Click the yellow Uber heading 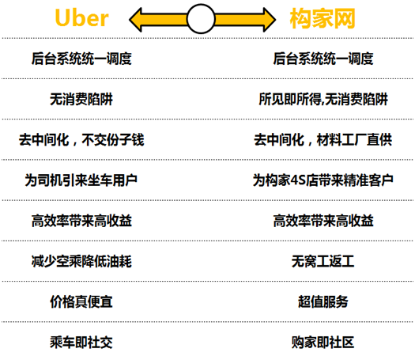point(81,17)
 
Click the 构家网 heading point(323,18)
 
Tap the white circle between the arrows point(201,19)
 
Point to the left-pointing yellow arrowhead point(135,20)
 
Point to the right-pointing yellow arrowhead point(270,20)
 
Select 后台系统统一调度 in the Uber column point(81,59)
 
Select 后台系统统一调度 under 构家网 point(323,59)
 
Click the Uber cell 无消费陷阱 point(81,99)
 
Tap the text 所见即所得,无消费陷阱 point(323,99)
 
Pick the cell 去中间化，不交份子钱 point(81,139)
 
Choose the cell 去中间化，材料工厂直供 point(323,139)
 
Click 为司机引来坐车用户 point(81,180)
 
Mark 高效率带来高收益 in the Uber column point(81,221)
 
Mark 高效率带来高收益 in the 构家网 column point(323,221)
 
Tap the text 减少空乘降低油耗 point(81,261)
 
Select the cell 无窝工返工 point(323,261)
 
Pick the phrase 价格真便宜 point(81,301)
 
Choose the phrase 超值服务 point(323,301)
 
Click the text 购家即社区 point(323,343)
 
